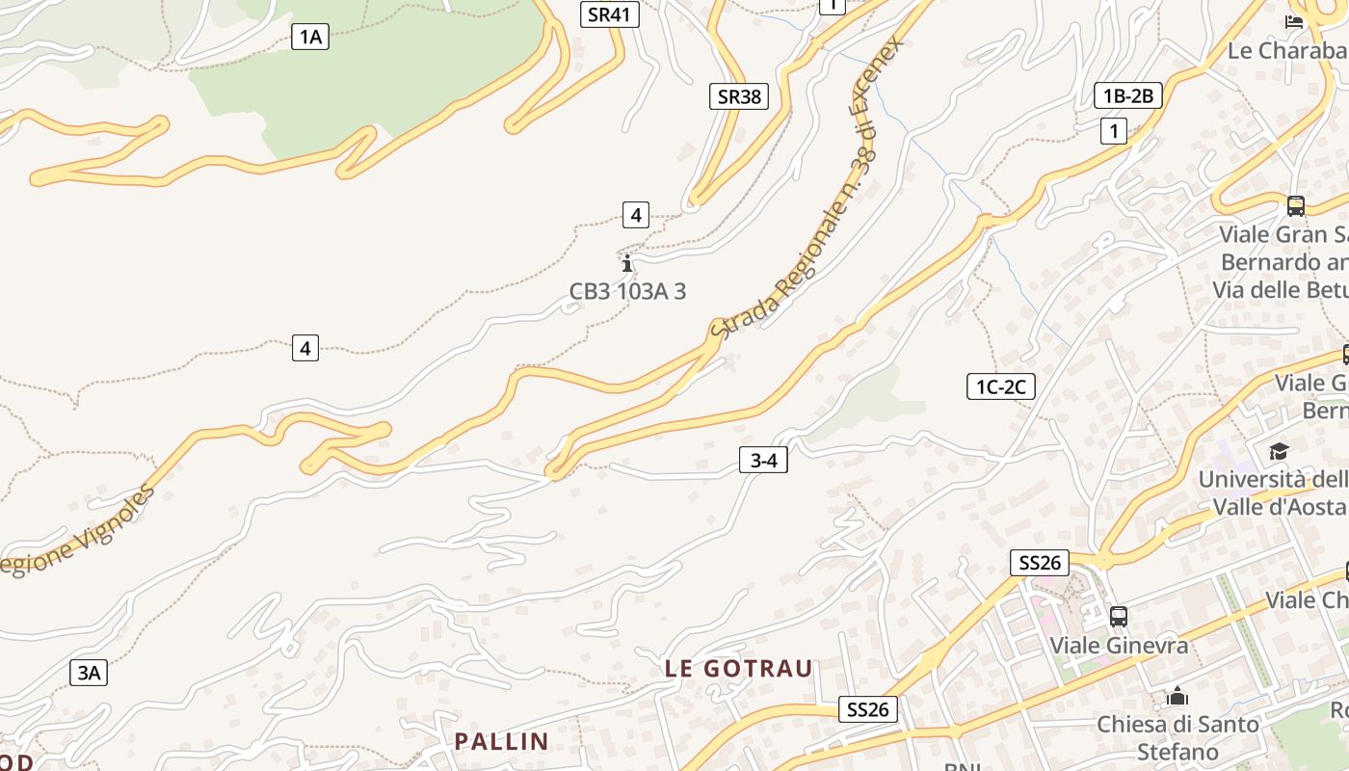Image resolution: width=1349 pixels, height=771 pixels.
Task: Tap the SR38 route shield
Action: coord(740,96)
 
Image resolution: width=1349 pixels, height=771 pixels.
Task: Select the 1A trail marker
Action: coord(309,38)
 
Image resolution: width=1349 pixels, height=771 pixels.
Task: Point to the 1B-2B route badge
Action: coord(1128,95)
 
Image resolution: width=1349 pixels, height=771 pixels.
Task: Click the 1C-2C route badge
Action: coord(1001,387)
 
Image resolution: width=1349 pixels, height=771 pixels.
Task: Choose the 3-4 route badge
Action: coord(763,461)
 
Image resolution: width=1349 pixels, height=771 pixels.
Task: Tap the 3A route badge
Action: coord(89,673)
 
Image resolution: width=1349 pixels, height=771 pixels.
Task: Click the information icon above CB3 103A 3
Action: coord(627,262)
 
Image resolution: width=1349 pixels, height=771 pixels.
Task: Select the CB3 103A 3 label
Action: coord(627,291)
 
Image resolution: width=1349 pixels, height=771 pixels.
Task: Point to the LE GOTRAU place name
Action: coord(739,668)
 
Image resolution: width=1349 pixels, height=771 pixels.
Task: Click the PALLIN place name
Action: coord(501,741)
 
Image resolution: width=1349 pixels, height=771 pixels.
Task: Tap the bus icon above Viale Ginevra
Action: coord(1118,616)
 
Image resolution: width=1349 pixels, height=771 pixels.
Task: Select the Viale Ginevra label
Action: coord(1119,645)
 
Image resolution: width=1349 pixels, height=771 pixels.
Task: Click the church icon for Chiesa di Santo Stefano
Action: coord(1177,696)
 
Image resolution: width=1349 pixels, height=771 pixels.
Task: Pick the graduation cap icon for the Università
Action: coord(1279,451)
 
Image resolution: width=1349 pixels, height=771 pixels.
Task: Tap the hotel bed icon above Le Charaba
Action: coord(1294,21)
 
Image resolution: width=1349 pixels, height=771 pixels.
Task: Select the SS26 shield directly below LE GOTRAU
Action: coord(867,710)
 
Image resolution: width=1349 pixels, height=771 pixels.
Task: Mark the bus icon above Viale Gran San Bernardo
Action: coord(1296,205)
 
